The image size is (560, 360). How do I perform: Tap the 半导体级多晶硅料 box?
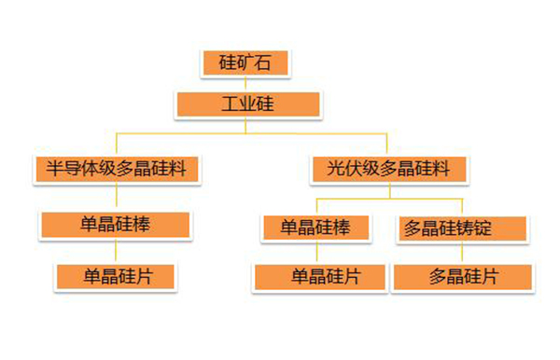[117, 170]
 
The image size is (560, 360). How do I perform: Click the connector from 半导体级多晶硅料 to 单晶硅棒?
[116, 197]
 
